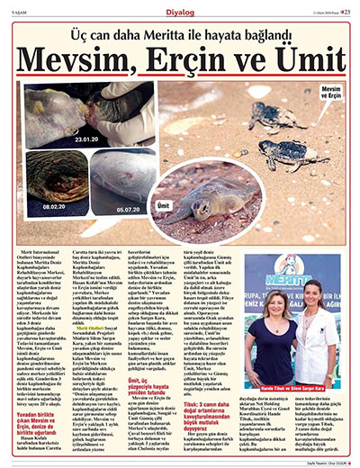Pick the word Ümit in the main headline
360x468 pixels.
[x=301, y=61]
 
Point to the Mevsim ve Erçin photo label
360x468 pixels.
[x=332, y=93]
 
